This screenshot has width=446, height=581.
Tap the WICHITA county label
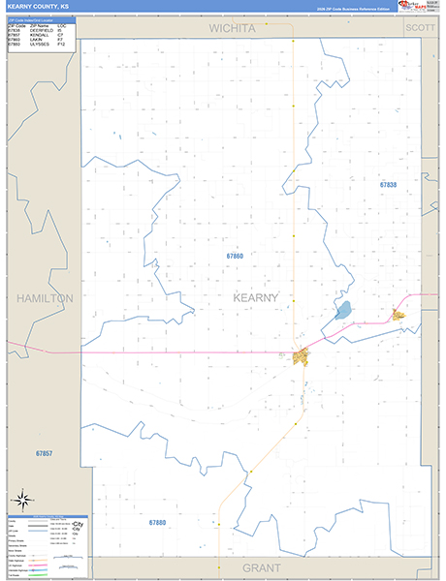233,28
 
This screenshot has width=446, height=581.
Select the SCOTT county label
420,28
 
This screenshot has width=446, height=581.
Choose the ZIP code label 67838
388,184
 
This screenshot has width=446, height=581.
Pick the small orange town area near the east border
398,314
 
